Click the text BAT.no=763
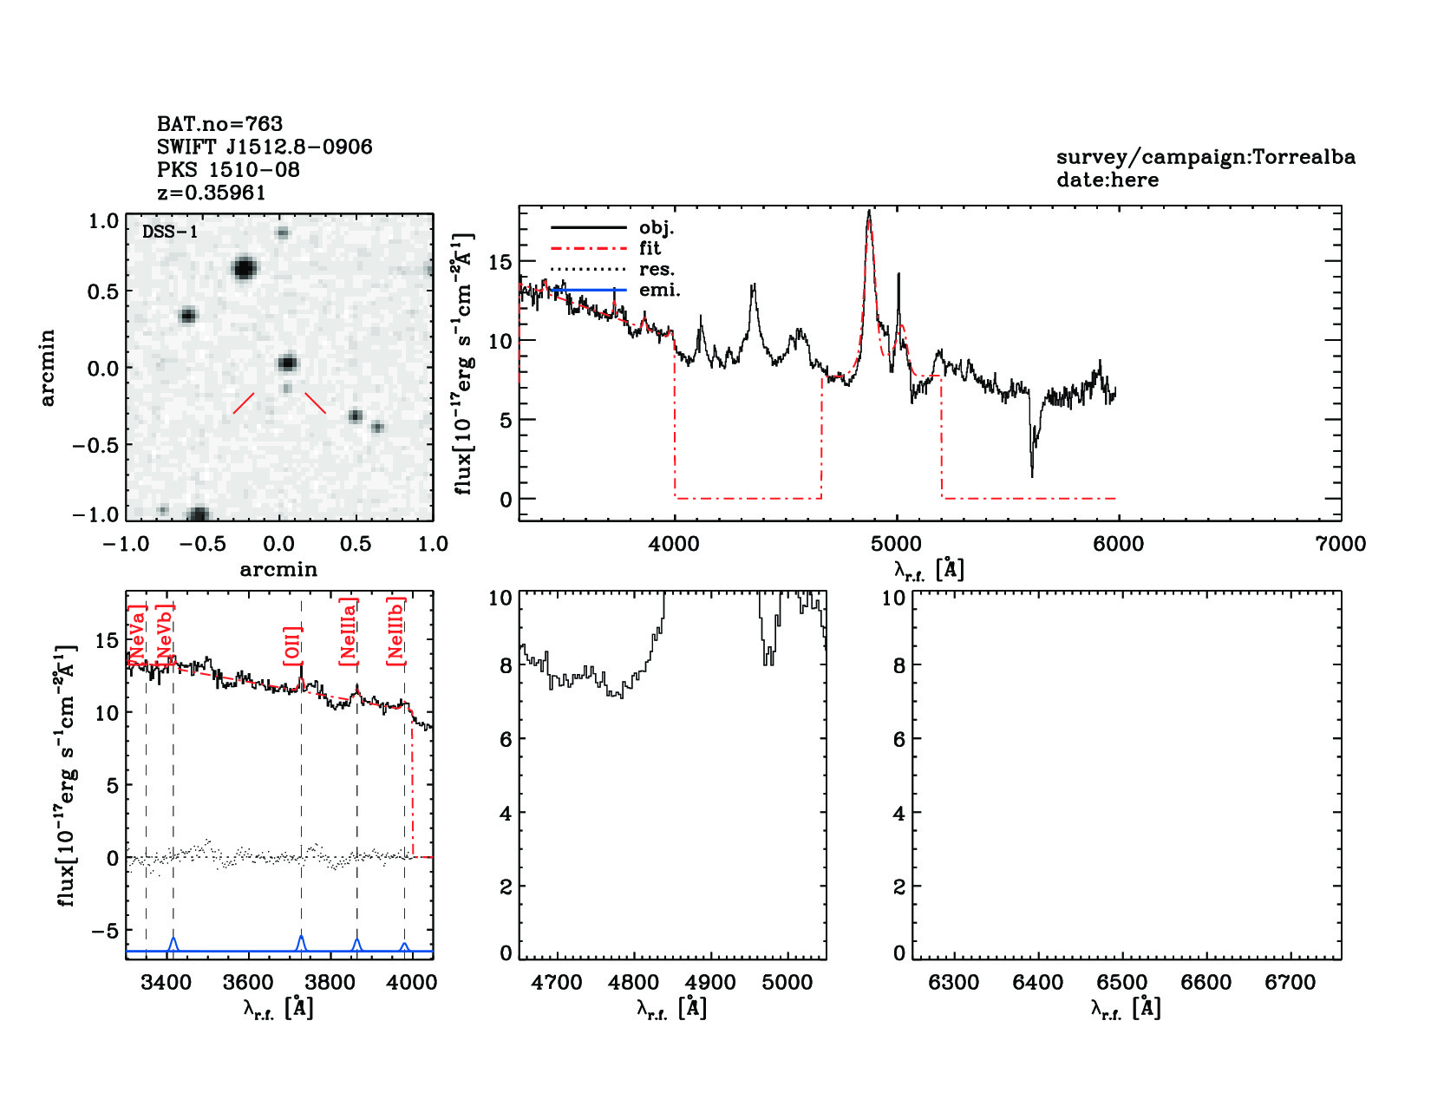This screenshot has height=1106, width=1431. (x=219, y=124)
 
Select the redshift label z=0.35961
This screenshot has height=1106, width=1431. (x=211, y=193)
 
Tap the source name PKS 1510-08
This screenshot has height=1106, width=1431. (x=228, y=170)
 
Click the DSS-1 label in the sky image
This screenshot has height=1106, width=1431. (x=170, y=232)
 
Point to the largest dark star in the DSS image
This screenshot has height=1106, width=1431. (x=245, y=268)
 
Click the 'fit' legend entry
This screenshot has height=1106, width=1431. (x=650, y=248)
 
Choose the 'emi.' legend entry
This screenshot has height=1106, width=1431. (x=659, y=291)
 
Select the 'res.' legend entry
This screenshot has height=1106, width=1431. (x=657, y=270)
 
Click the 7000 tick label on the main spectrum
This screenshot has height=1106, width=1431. (x=1340, y=545)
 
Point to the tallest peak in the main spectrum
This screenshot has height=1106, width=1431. (x=869, y=212)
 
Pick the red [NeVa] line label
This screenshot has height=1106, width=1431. (x=137, y=636)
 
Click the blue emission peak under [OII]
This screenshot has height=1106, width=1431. (x=301, y=938)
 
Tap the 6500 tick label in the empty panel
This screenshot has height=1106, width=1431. (x=1122, y=983)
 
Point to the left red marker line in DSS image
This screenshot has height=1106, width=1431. (x=244, y=402)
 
